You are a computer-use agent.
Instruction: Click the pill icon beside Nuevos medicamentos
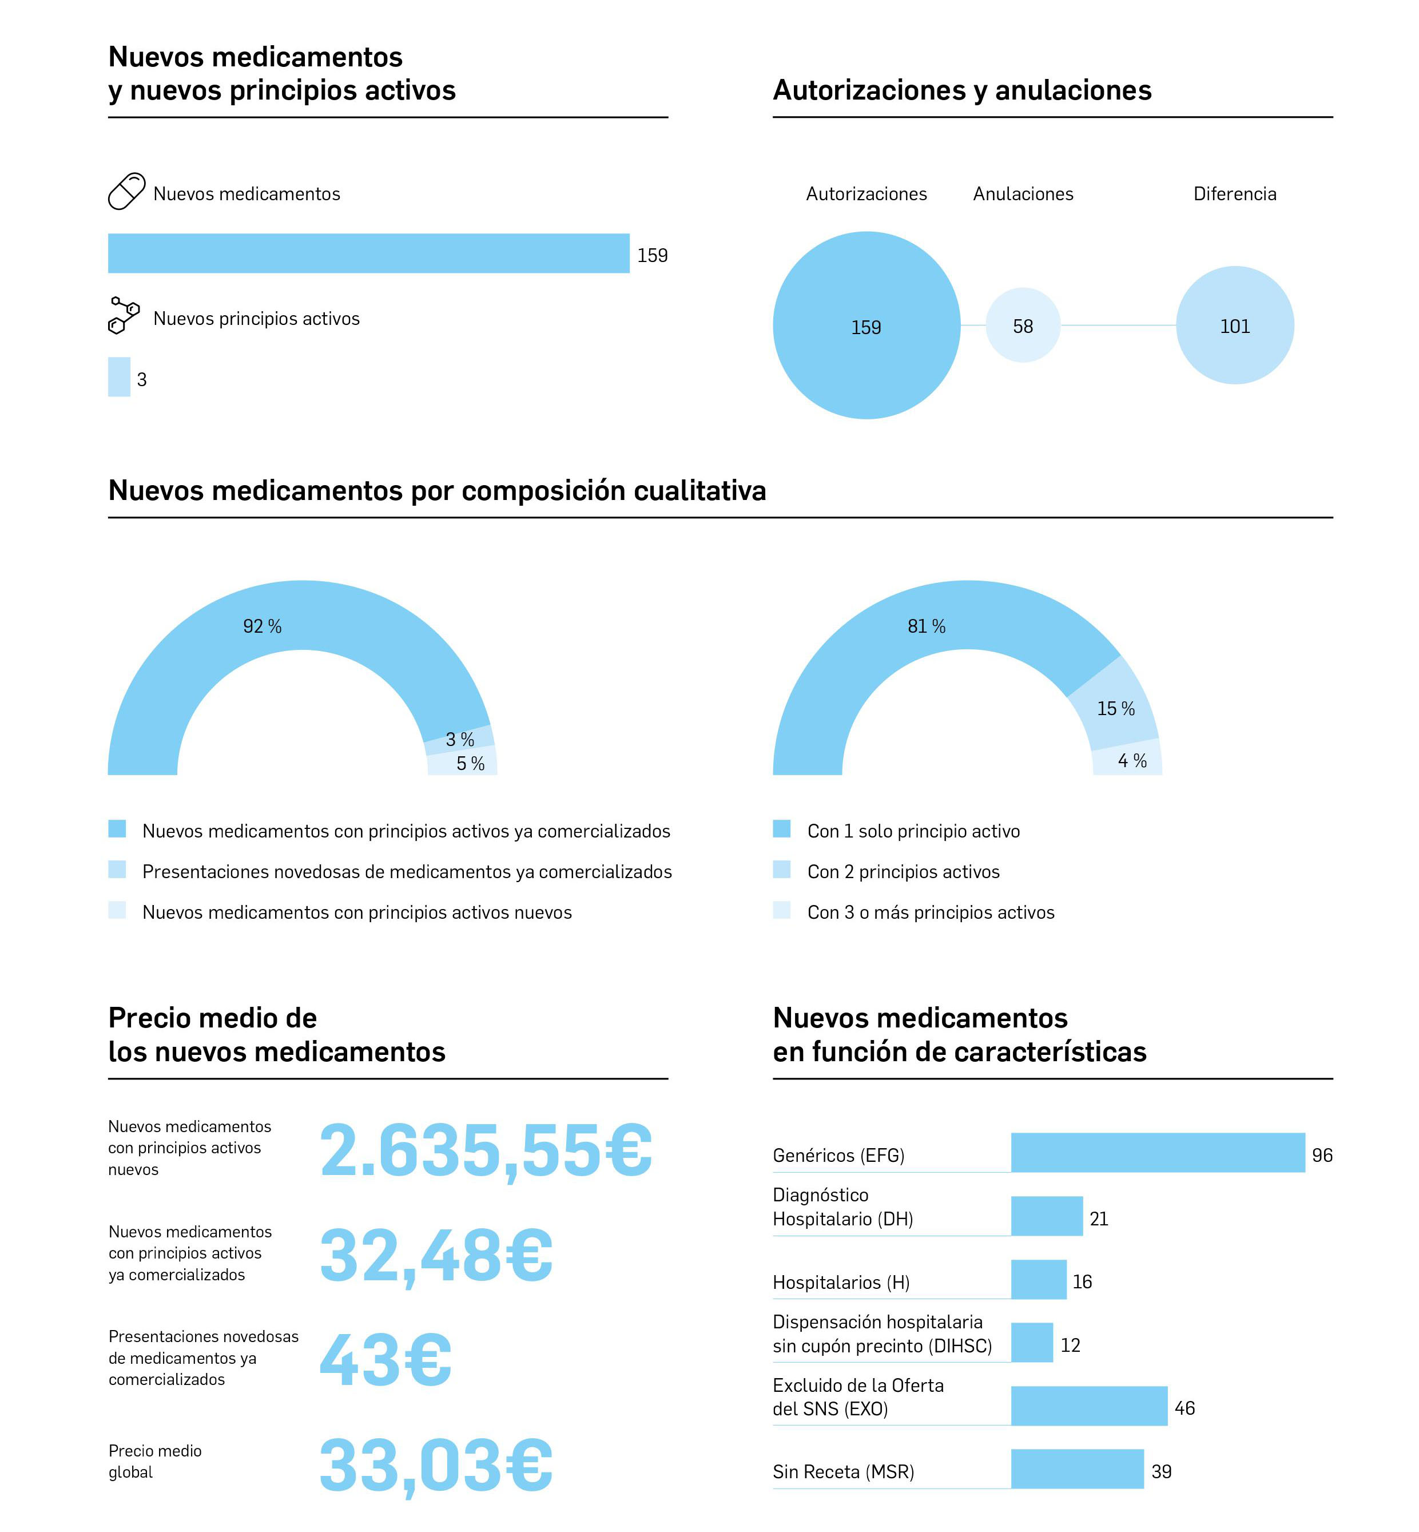click(126, 191)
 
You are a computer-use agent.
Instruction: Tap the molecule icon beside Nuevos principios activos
click(124, 316)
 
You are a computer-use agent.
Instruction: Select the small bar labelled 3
click(119, 377)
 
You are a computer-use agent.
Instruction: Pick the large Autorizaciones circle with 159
click(866, 326)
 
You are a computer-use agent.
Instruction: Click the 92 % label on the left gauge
click(262, 626)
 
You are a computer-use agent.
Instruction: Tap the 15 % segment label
click(1115, 709)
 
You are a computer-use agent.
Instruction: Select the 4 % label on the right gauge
click(1132, 761)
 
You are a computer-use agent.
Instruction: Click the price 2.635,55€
click(485, 1150)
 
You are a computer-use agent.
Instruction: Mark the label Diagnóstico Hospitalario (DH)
click(842, 1206)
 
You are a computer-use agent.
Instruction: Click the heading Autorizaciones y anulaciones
click(961, 90)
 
